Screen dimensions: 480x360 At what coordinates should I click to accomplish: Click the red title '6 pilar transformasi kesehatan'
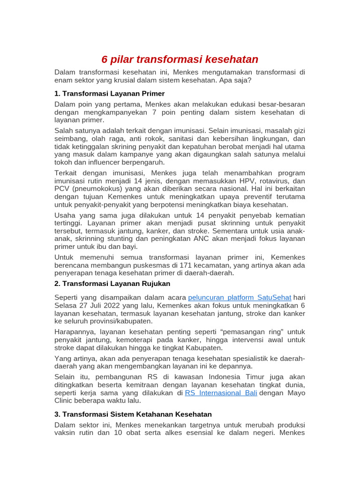point(180,60)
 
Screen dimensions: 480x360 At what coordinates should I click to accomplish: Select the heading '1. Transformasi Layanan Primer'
point(110,93)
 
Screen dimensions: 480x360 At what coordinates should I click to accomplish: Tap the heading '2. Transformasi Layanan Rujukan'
point(112,284)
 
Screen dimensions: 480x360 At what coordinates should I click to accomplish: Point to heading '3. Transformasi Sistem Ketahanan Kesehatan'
point(133,414)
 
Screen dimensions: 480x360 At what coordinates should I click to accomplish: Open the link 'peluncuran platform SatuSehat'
point(240,298)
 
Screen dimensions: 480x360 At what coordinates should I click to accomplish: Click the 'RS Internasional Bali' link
point(221,393)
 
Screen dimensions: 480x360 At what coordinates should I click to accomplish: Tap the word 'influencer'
point(96,162)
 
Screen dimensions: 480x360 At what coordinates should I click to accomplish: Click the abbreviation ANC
point(213,239)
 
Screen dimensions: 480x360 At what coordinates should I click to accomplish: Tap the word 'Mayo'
point(295,393)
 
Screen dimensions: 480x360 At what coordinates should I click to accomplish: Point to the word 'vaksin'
point(66,433)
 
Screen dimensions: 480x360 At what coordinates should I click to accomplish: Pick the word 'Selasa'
point(66,306)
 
